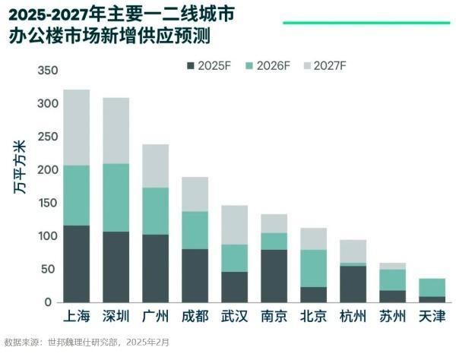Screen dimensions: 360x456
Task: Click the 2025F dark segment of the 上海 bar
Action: [x=77, y=264]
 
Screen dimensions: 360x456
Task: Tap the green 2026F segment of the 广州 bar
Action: [x=156, y=210]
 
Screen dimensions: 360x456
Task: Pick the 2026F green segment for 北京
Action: [x=314, y=267]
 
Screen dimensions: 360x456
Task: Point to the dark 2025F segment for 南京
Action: [x=274, y=276]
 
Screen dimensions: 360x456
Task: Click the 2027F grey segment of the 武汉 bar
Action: [x=235, y=225]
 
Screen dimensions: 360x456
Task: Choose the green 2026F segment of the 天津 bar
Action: [x=432, y=287]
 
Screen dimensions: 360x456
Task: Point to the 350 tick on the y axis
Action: [x=47, y=71]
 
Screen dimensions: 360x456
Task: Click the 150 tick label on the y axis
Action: [x=47, y=203]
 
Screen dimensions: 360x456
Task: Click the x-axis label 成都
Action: [x=195, y=317]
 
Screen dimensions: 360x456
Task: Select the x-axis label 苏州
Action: [x=393, y=317]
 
